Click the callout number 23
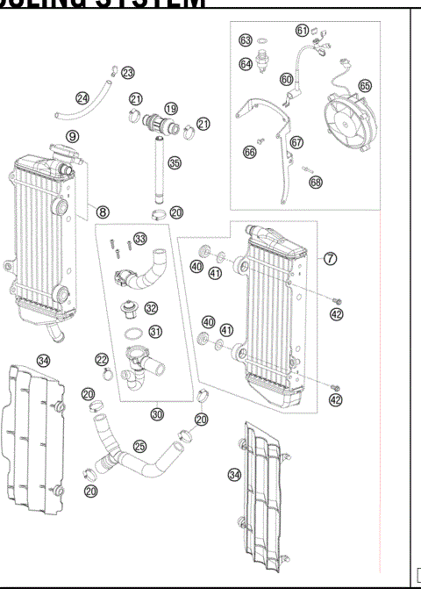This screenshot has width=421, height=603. (128, 72)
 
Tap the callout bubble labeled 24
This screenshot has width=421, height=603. (82, 98)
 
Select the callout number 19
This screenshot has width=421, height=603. (170, 109)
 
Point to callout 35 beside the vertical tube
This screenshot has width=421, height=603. (175, 162)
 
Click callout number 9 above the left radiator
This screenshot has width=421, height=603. (73, 136)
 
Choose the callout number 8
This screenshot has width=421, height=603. (103, 212)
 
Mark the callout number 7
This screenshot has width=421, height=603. (330, 259)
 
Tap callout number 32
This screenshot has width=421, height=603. (151, 308)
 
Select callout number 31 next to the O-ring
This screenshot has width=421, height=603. (155, 331)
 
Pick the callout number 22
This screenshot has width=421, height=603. (103, 360)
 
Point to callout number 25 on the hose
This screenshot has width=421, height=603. (139, 447)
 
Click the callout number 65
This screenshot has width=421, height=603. (364, 86)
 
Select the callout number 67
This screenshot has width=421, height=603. (296, 142)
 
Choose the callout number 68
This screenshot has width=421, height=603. (315, 182)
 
